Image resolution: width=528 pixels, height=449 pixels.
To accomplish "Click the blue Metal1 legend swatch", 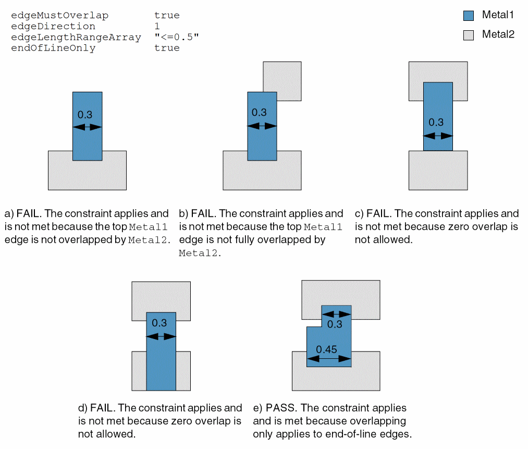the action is [x=469, y=16].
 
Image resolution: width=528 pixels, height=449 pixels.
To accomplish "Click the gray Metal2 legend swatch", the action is [x=469, y=35].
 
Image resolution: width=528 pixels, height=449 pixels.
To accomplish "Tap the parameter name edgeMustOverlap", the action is [x=59, y=16].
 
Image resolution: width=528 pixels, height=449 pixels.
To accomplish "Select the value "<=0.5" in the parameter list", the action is [x=177, y=37].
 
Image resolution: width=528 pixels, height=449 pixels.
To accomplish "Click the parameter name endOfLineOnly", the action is [x=53, y=48].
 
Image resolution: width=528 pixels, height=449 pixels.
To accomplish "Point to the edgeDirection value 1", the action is [x=157, y=26].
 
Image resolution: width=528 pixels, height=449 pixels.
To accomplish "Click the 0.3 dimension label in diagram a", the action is [x=85, y=115].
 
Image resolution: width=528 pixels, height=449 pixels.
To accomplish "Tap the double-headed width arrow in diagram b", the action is [x=262, y=126].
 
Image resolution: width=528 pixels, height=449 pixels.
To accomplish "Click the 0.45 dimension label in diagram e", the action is [x=326, y=349].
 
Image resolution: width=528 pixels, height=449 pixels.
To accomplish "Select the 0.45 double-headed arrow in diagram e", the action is [x=329, y=359].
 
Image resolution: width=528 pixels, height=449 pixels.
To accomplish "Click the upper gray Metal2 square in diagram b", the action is [x=282, y=81].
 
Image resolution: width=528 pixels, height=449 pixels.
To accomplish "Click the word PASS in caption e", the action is [x=281, y=408].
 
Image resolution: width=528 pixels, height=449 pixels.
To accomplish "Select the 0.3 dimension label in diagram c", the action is [x=436, y=122].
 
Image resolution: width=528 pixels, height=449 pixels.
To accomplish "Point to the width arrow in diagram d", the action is [x=161, y=336].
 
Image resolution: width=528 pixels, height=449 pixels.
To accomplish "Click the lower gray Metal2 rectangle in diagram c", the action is [x=438, y=171].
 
